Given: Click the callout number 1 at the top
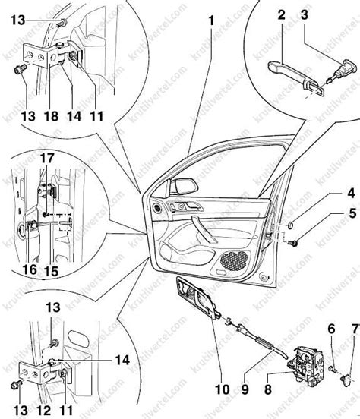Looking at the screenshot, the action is pos(211,20).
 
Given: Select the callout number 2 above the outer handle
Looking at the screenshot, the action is pos(282,15).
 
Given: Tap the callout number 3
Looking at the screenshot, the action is pos(305,14).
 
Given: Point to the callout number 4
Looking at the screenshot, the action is pos(351,193).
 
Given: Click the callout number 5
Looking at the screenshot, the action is pos(352,213).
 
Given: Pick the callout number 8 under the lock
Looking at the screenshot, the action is pos(268,389).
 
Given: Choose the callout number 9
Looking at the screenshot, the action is pos(245,389).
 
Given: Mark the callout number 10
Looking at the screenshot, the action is pos(223,389).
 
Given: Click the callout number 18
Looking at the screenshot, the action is pos(51,116).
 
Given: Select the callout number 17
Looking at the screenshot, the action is pos(47,158).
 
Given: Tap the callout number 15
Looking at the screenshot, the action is pos(52,271).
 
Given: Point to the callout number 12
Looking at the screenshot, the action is pos(44,410).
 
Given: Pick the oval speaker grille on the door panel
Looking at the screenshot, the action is pos(233,260).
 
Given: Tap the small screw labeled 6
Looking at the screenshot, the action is pos(332,369).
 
